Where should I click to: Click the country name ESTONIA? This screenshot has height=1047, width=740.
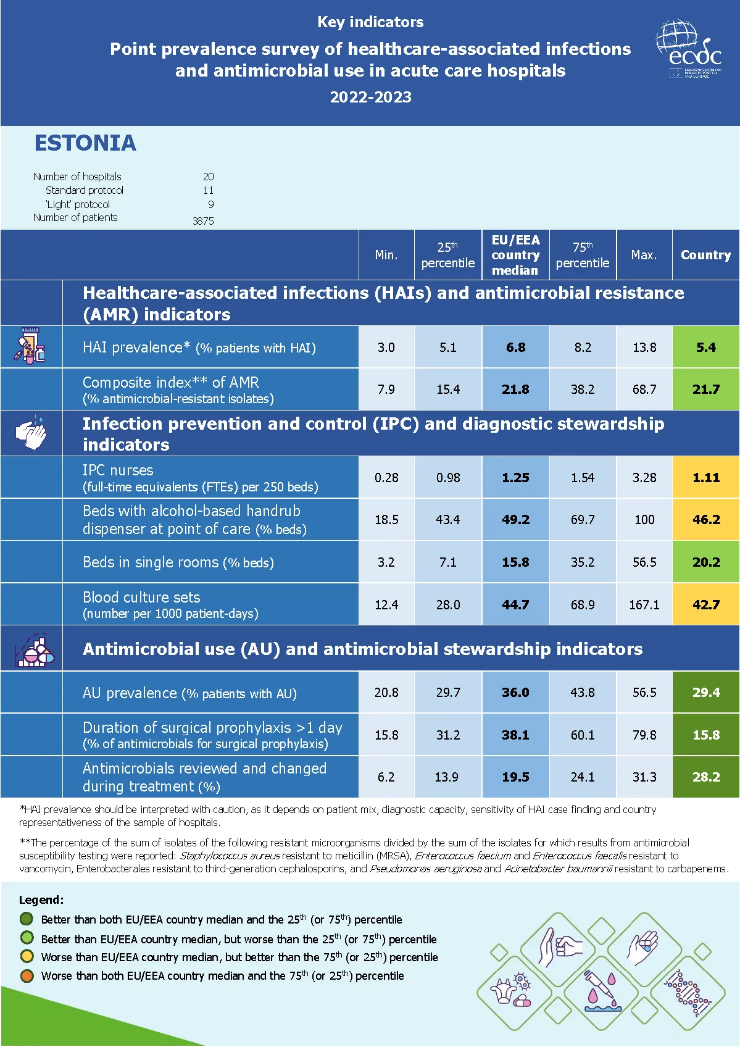point(85,143)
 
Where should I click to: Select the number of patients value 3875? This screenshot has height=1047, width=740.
point(203,221)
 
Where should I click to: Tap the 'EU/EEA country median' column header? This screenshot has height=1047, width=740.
point(515,255)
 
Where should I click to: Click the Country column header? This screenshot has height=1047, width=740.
point(705,255)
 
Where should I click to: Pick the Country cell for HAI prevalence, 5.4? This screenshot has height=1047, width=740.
point(705,347)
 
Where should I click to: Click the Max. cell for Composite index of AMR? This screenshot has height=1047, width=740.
point(644,390)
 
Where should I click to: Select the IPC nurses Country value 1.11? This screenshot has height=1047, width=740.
point(705,477)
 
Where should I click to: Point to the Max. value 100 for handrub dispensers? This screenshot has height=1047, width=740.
point(644,520)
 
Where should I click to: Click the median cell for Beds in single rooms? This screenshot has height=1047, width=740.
point(515,562)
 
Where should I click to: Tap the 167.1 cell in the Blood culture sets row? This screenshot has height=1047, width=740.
point(644,605)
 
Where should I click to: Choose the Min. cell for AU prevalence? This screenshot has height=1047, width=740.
point(386,693)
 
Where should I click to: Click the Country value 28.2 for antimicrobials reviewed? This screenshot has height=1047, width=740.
point(705,777)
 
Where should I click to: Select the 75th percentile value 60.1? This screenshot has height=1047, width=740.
point(582,735)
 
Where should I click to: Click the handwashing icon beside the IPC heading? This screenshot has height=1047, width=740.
point(31,433)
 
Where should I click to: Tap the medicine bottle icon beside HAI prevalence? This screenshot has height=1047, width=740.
point(30,346)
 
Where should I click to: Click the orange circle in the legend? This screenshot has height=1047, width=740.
point(27,976)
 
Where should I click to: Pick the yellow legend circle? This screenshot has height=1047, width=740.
point(27,957)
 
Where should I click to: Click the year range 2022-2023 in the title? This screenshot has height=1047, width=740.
point(370,97)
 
